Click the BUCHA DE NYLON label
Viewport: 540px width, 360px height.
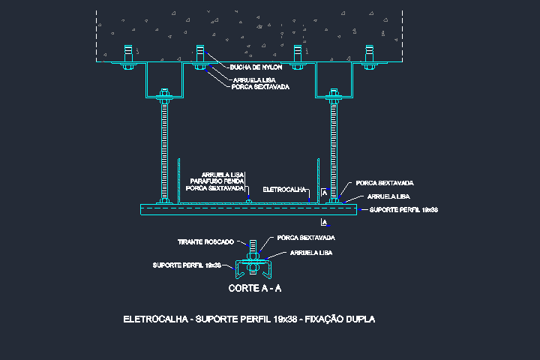click(x=256, y=67)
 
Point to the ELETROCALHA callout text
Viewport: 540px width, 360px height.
click(x=286, y=190)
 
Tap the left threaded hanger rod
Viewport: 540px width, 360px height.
click(x=165, y=150)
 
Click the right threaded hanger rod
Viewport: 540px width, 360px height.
click(x=334, y=150)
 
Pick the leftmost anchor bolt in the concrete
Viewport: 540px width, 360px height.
click(x=128, y=55)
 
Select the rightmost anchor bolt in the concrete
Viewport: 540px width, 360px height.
click(x=370, y=55)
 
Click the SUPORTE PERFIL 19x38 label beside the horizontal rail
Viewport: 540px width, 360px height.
click(x=403, y=210)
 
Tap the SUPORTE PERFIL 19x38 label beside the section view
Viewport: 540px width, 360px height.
click(x=187, y=265)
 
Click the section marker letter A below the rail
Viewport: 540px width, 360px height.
click(x=323, y=223)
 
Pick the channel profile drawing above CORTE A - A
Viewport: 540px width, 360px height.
click(x=253, y=268)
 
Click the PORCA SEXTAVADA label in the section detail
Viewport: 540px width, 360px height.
click(x=306, y=238)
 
